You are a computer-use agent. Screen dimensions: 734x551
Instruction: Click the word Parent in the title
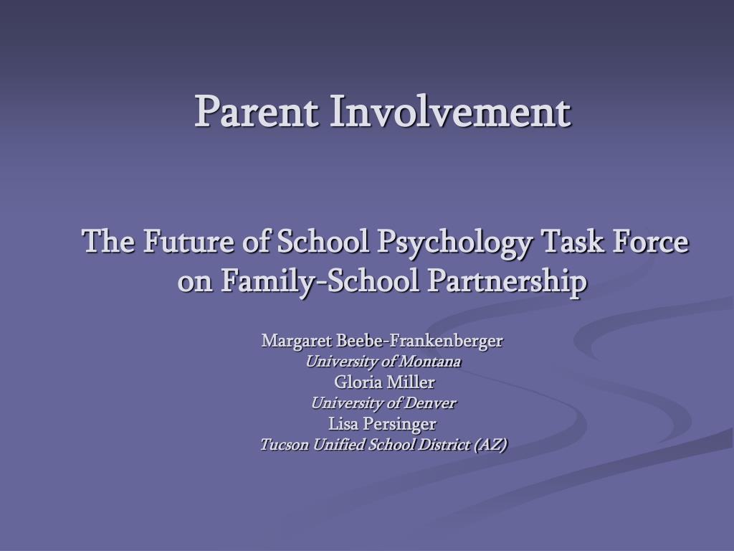point(257,111)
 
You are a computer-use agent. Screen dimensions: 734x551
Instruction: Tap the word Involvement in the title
point(450,111)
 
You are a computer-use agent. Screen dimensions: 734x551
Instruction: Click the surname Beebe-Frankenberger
point(419,342)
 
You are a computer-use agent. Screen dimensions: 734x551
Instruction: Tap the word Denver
point(430,403)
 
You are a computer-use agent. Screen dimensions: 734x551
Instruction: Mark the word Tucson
point(284,444)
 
